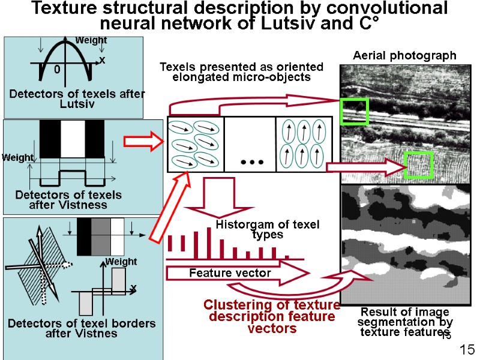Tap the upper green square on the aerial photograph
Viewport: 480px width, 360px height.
[354, 111]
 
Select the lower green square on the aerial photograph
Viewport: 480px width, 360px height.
[418, 165]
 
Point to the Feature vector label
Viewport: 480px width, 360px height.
[230, 273]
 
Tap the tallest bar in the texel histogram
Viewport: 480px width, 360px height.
[208, 239]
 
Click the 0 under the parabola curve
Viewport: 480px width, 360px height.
[57, 70]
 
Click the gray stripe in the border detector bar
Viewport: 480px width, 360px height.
[101, 236]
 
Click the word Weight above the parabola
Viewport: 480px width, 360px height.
[91, 40]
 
